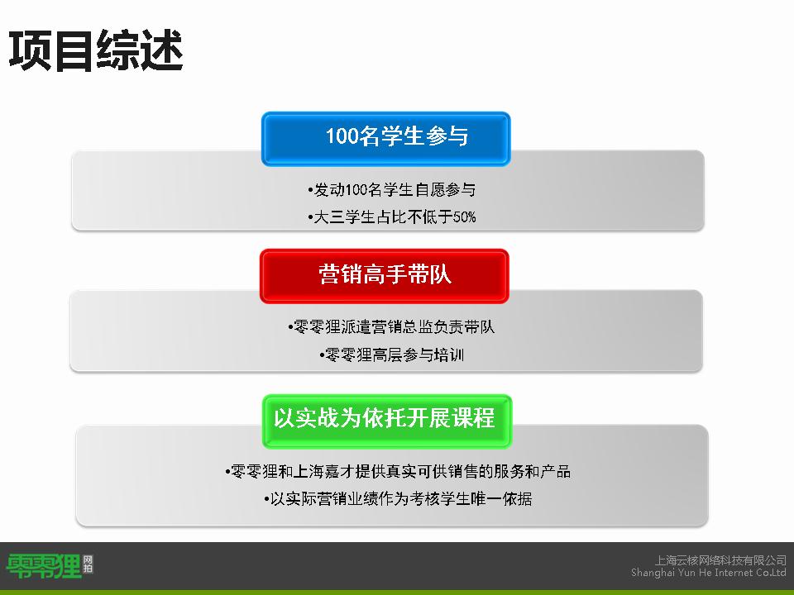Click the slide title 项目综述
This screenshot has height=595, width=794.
95,50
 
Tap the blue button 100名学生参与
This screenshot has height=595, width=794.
386,139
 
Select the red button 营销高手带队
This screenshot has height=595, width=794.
385,276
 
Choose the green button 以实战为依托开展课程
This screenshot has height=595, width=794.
387,421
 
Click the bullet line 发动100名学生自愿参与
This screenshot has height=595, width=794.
391,190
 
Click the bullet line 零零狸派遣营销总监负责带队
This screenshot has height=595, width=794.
391,327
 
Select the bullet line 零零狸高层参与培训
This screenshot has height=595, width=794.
391,355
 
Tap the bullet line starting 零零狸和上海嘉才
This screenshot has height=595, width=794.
398,472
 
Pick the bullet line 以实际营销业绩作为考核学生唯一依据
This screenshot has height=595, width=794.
398,499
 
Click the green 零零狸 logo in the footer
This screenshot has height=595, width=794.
44,565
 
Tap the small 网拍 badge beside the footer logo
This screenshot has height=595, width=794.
88,564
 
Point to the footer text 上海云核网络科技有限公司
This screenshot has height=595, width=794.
720,560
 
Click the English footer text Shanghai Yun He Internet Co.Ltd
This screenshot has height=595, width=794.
709,572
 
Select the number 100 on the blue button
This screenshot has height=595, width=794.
342,136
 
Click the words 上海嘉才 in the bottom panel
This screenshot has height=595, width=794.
323,472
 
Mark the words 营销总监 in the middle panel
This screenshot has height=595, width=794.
402,327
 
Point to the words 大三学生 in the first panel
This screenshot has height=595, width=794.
344,217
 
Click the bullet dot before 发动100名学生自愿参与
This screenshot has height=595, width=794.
310,191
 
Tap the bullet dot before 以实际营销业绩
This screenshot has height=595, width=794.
266,500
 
